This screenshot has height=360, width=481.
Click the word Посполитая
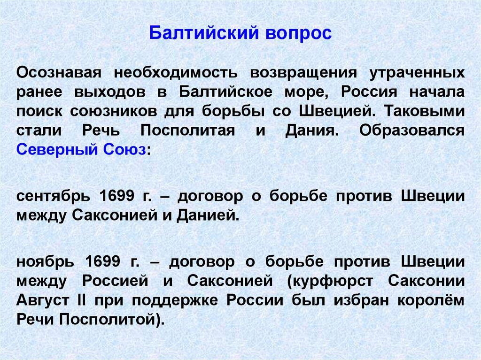[187, 131]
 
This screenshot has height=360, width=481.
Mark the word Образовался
[412, 131]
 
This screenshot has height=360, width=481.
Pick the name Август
[39, 300]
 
